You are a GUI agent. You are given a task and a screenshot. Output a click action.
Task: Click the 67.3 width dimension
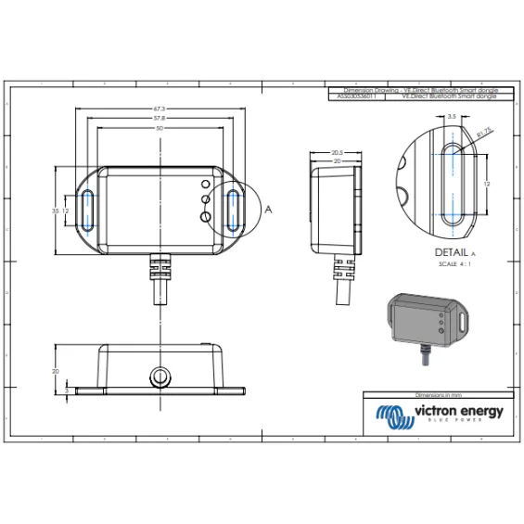[160, 110]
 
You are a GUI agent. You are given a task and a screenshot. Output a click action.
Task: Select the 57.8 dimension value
[160, 120]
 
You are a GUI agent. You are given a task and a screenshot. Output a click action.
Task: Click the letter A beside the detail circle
[269, 210]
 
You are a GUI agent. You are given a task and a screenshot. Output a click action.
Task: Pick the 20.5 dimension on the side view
[337, 152]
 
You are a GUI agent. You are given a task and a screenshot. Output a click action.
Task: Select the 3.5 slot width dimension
[451, 117]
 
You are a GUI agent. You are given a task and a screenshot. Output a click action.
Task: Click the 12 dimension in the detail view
[487, 185]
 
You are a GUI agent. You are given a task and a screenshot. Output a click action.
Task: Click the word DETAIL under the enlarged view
[451, 252]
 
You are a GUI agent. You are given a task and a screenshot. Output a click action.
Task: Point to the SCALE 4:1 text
[454, 264]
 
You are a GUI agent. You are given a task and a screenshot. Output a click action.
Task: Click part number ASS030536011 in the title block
[359, 96]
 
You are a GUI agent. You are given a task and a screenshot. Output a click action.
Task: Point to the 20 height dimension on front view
[56, 371]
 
